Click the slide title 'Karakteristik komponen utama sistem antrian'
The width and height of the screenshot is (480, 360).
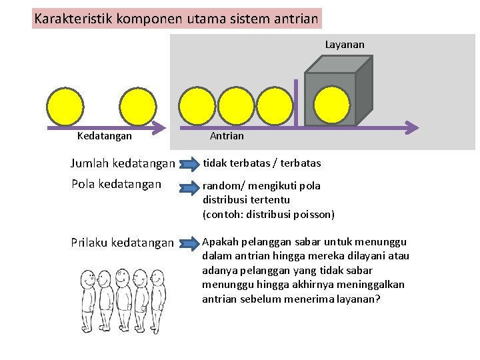coord(177,18)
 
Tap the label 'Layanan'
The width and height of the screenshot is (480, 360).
coord(345,45)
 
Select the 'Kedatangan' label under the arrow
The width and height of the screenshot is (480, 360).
coord(105,136)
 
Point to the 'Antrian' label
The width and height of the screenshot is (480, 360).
coord(227,136)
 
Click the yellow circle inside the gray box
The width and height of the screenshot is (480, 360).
coord(331,103)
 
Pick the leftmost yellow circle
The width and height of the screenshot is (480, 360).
coord(66,107)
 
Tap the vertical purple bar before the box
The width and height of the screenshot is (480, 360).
coord(295,103)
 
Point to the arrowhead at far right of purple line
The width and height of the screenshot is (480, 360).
coord(413,127)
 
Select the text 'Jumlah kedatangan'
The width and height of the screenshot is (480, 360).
coord(123,163)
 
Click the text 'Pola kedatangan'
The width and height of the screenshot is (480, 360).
coord(116,183)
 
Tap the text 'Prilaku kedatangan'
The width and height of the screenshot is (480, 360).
coord(122,243)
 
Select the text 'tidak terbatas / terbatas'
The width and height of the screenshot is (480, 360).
coord(261,163)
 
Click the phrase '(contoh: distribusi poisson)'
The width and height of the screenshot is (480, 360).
coord(268,215)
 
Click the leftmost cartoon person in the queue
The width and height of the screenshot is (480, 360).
coord(88,297)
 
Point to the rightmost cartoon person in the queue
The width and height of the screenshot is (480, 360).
coord(157,297)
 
